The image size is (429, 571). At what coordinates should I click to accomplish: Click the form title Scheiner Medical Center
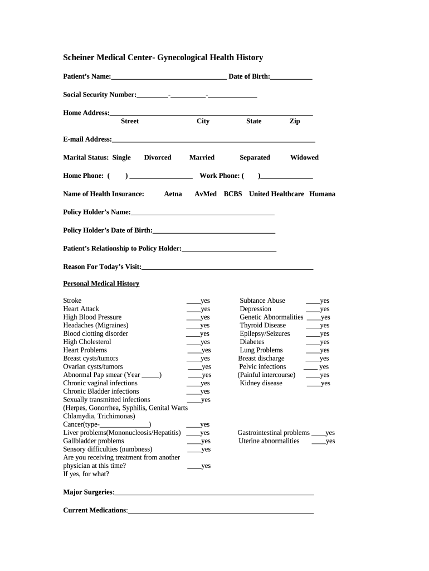(163, 57)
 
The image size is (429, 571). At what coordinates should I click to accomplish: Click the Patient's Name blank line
(168, 77)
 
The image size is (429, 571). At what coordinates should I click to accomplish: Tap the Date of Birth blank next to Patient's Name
(291, 77)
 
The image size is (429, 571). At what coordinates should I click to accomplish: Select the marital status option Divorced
(158, 158)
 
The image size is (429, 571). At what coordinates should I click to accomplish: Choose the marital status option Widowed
(304, 158)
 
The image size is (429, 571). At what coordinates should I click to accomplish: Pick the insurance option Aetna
(173, 194)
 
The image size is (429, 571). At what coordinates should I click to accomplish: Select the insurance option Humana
(322, 194)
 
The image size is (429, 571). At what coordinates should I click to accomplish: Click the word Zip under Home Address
(295, 122)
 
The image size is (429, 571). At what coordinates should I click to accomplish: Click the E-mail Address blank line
(213, 140)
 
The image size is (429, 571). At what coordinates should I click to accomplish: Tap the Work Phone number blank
(286, 176)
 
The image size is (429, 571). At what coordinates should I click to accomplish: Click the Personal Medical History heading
(101, 284)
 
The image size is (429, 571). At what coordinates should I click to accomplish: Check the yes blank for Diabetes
(313, 342)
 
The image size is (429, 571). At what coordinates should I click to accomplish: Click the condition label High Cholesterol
(87, 342)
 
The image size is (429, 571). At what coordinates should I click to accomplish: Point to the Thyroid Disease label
(262, 326)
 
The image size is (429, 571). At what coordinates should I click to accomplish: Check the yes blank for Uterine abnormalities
(318, 442)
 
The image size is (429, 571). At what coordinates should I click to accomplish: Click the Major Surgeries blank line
(214, 493)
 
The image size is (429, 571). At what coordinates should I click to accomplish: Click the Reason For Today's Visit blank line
(227, 268)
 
